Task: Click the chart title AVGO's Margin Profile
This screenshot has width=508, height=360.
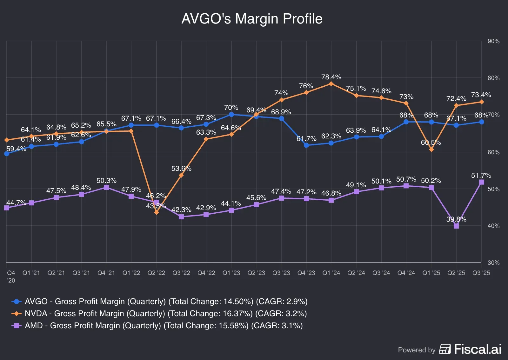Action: pyautogui.click(x=252, y=19)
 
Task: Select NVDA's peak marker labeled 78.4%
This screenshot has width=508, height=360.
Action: pyautogui.click(x=331, y=84)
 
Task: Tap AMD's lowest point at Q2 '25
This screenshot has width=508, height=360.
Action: pyautogui.click(x=456, y=226)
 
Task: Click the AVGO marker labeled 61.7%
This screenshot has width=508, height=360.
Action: pyautogui.click(x=306, y=145)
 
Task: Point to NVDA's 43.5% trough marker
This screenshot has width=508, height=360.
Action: pyautogui.click(x=157, y=212)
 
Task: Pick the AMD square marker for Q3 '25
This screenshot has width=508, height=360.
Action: pyautogui.click(x=482, y=182)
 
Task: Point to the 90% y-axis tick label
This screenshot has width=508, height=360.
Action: pyautogui.click(x=493, y=41)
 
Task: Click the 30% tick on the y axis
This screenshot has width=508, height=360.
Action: pyautogui.click(x=493, y=263)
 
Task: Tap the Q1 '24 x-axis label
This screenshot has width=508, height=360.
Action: pyautogui.click(x=331, y=273)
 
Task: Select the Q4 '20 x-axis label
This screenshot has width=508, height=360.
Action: pyautogui.click(x=11, y=276)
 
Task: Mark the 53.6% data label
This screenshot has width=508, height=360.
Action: pyautogui.click(x=181, y=169)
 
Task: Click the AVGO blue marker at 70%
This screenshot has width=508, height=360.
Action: pyautogui.click(x=231, y=115)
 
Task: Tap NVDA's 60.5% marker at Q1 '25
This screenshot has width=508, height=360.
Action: pyautogui.click(x=431, y=150)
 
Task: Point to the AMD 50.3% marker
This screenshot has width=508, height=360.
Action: pyautogui.click(x=106, y=188)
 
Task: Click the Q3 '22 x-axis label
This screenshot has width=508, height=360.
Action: pyautogui.click(x=181, y=273)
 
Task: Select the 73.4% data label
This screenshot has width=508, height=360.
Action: pyautogui.click(x=481, y=95)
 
